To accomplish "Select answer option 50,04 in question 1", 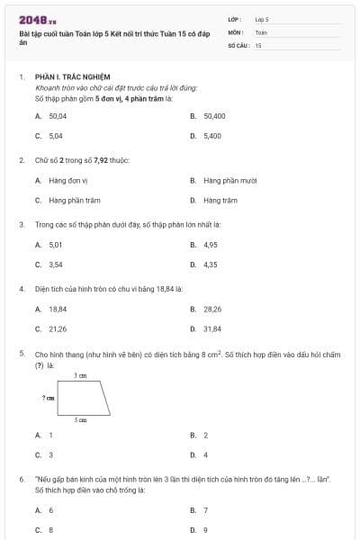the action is [58, 116].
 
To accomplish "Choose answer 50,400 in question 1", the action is [214, 116].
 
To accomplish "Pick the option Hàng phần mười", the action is [229, 180].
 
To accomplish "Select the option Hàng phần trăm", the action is [74, 200].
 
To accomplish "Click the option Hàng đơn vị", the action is [67, 180].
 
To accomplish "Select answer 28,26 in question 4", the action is [212, 309].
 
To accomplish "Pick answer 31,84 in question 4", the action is [212, 328].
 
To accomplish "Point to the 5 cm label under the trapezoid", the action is [80, 420].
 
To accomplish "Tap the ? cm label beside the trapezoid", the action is [48, 396].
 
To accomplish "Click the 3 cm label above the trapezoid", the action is [79, 375].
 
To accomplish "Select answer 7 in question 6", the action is [205, 510].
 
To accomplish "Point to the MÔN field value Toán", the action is [261, 31].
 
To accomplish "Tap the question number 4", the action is [21, 289].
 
